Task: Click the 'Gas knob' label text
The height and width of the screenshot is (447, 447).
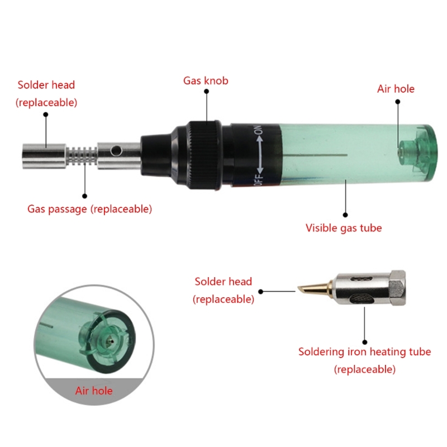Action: click(206, 80)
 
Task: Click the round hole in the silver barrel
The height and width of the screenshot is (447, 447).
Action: click(116, 150)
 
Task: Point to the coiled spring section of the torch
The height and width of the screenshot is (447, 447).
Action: click(82, 156)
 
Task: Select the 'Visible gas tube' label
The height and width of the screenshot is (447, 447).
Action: click(344, 228)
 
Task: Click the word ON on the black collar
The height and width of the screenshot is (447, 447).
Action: click(258, 130)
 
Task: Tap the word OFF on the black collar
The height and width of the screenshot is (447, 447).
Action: click(258, 179)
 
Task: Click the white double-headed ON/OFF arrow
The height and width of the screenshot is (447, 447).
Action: click(260, 155)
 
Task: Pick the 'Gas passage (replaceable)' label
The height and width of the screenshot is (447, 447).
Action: click(89, 209)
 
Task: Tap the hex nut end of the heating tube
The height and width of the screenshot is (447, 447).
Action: click(397, 288)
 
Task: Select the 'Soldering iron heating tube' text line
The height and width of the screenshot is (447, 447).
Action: click(365, 352)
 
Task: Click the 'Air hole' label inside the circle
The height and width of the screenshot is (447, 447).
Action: click(94, 391)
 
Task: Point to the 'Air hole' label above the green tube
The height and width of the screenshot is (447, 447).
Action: click(396, 89)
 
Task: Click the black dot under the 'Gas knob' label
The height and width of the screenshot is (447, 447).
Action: click(206, 91)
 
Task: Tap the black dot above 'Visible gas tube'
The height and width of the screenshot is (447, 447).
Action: click(345, 215)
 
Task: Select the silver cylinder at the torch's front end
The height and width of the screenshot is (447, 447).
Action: click(45, 156)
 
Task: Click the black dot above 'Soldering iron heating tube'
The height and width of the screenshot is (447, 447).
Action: click(365, 342)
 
